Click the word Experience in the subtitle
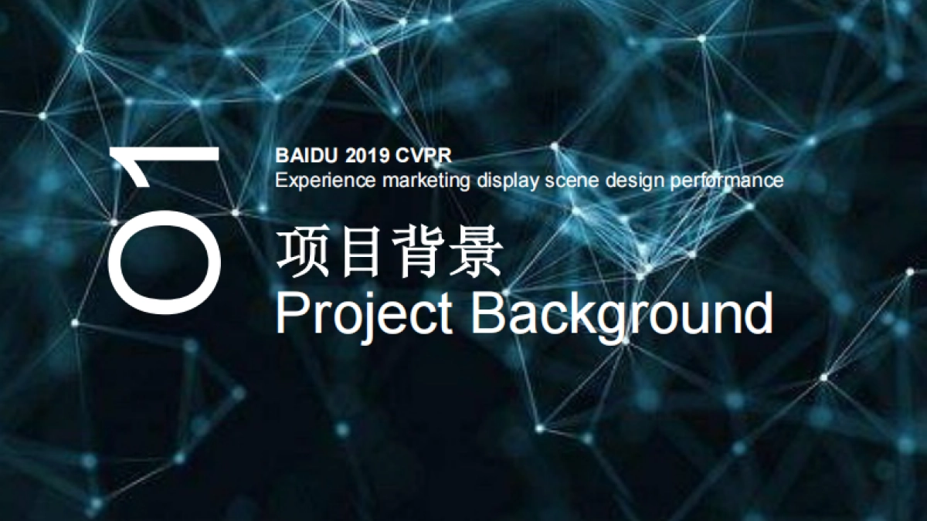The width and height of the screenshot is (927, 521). coord(316,181)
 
